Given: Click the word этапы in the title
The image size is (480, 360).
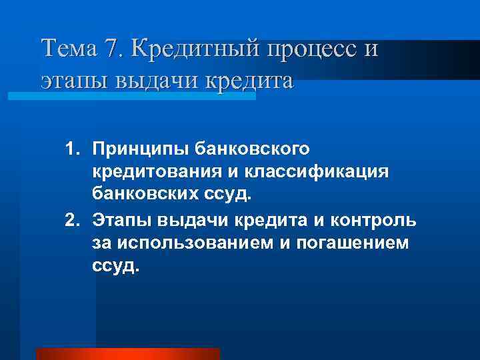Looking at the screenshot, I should click(66, 81).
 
